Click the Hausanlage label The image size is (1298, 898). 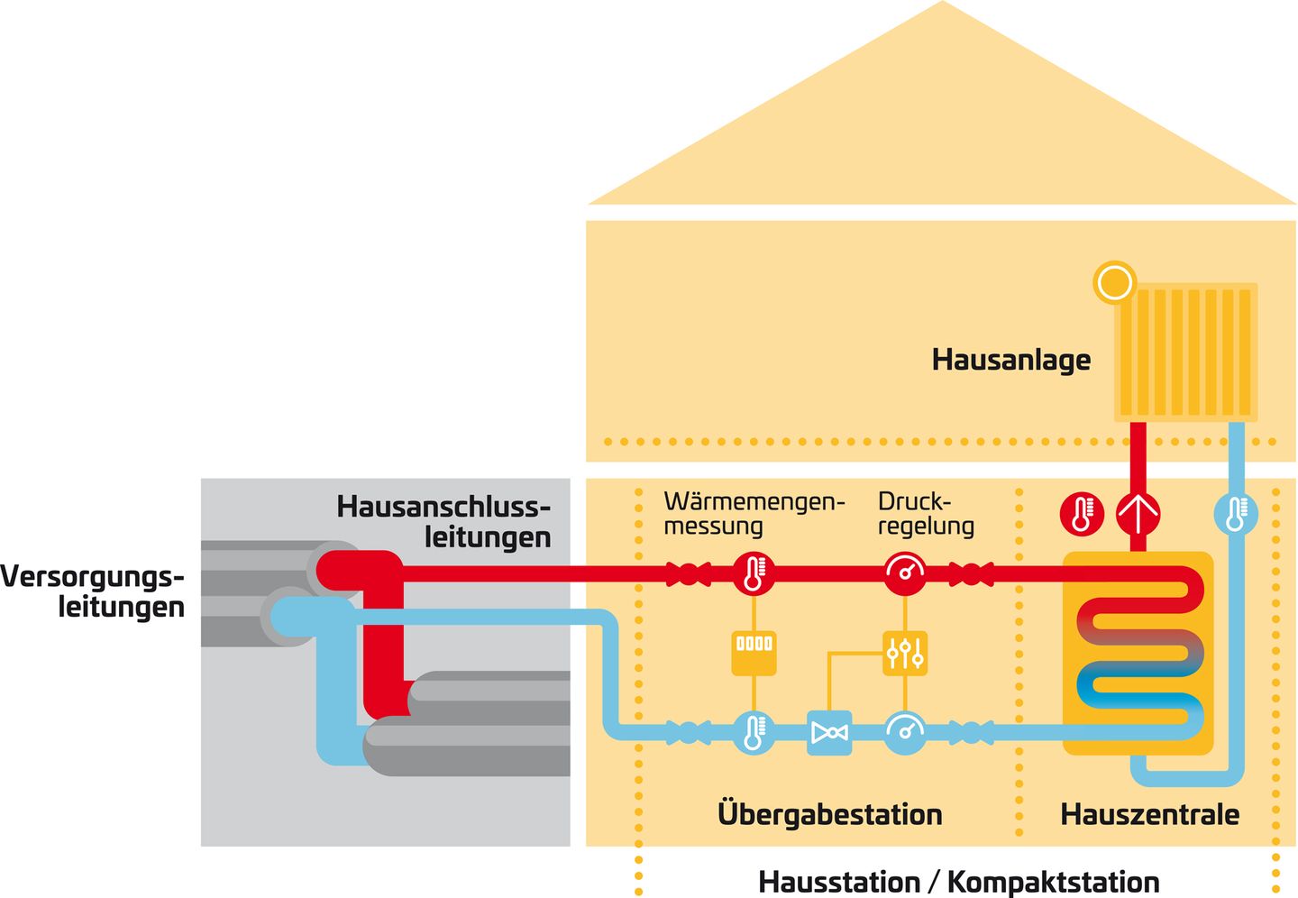click(x=1010, y=360)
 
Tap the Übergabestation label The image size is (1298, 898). click(x=829, y=814)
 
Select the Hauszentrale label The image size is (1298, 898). click(x=1149, y=814)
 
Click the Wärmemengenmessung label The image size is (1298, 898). click(x=754, y=513)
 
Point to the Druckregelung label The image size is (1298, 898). click(x=926, y=513)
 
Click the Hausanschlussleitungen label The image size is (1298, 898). click(x=443, y=521)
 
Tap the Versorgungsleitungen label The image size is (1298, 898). click(x=93, y=591)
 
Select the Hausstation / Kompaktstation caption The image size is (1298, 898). click(x=958, y=881)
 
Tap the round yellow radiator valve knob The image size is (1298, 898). click(x=1113, y=282)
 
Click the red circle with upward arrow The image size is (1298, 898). click(x=1138, y=514)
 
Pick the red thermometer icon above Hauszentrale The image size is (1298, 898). click(x=1082, y=514)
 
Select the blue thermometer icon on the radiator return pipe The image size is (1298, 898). click(x=1236, y=514)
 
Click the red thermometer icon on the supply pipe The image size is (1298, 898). click(x=754, y=573)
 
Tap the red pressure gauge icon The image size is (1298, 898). click(x=905, y=573)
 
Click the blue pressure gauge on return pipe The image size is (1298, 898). click(x=905, y=731)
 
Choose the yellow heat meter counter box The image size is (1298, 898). click(x=754, y=646)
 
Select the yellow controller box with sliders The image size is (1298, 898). click(x=905, y=652)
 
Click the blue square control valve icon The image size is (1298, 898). click(x=829, y=732)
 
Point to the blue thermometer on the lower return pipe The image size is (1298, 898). click(x=754, y=731)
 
